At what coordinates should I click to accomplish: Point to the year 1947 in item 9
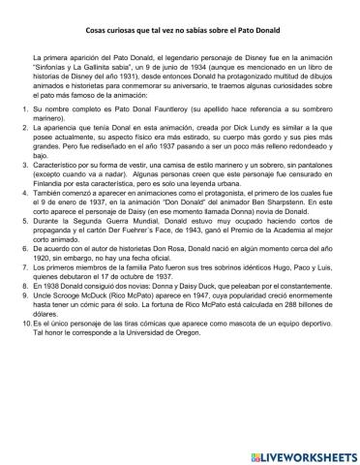198,341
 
